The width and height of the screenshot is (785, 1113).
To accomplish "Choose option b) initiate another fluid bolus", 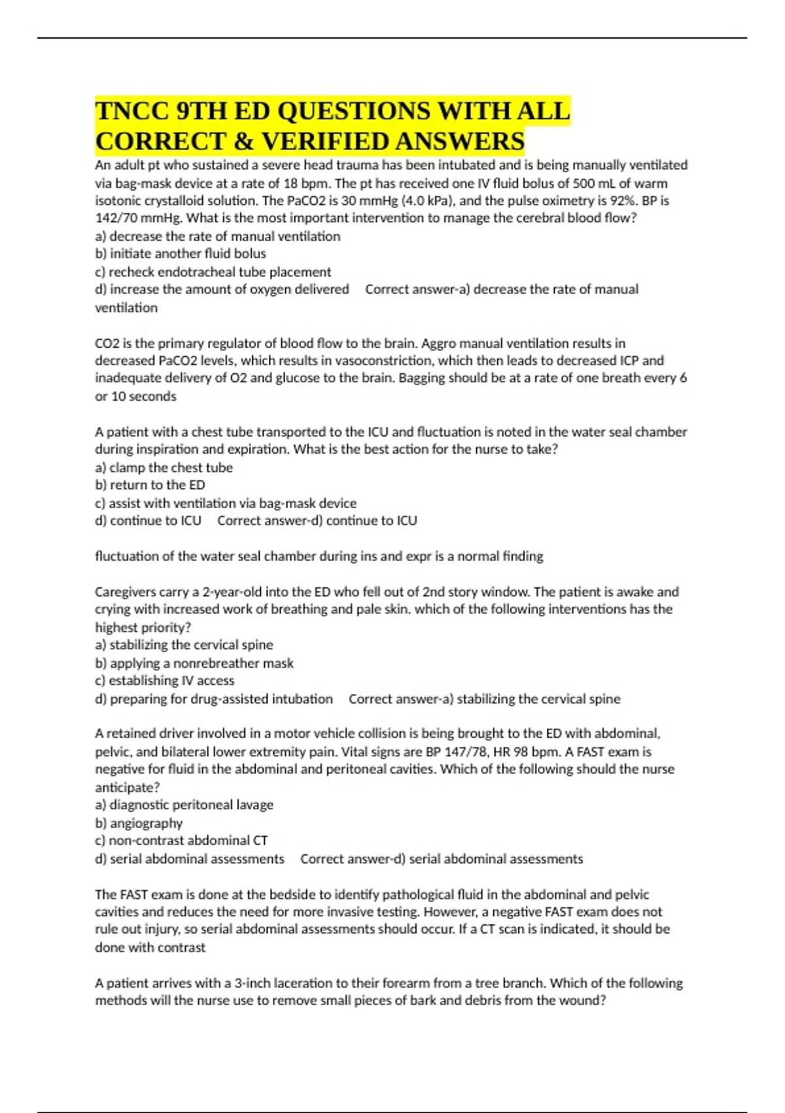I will [x=181, y=253].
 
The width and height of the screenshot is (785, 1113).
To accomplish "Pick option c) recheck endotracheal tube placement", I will [x=213, y=272].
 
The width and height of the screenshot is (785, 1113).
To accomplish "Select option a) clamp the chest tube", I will [x=164, y=467].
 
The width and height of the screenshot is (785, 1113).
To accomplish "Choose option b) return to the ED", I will [x=150, y=485].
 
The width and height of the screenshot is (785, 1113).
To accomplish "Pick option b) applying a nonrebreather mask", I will [x=194, y=663].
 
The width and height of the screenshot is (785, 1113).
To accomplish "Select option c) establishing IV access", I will [x=164, y=681].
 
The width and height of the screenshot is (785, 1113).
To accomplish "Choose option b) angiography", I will [x=139, y=823].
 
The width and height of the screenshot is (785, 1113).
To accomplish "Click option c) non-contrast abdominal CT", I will [x=181, y=841].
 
